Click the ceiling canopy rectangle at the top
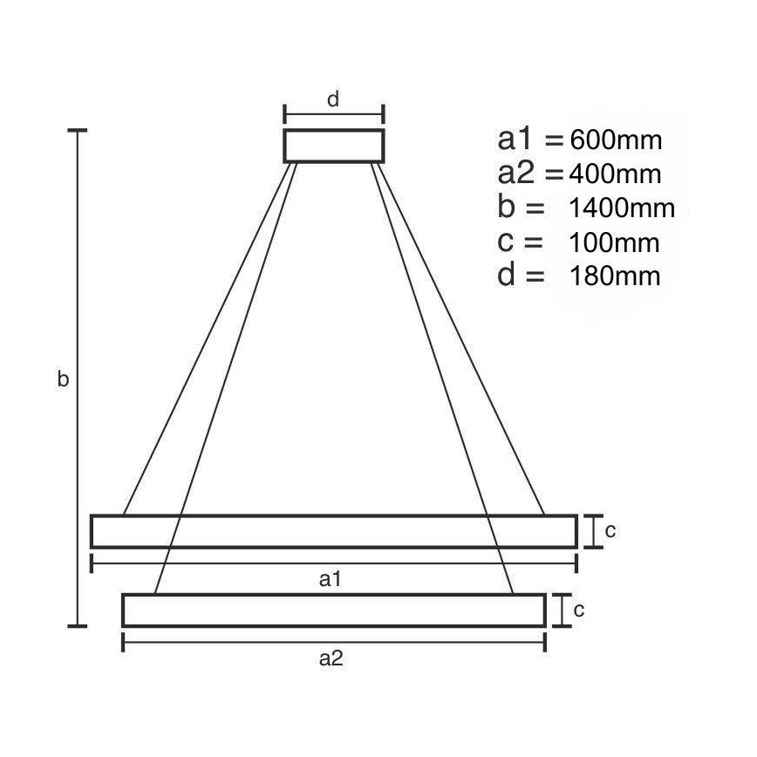334,130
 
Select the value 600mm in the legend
616,140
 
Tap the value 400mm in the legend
615,174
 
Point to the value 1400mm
622,208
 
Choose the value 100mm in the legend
614,242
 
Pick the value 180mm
615,276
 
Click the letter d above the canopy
333,99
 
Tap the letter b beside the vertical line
63,378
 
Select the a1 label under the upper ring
331,579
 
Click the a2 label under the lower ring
331,658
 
